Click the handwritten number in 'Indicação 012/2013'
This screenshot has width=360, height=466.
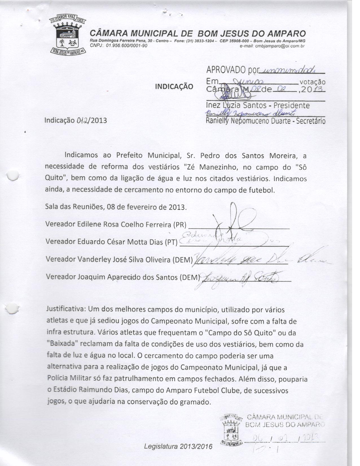click(82, 121)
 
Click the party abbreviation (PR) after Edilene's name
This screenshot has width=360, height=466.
click(180, 225)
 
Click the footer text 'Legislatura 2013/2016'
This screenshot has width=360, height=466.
click(179, 447)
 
